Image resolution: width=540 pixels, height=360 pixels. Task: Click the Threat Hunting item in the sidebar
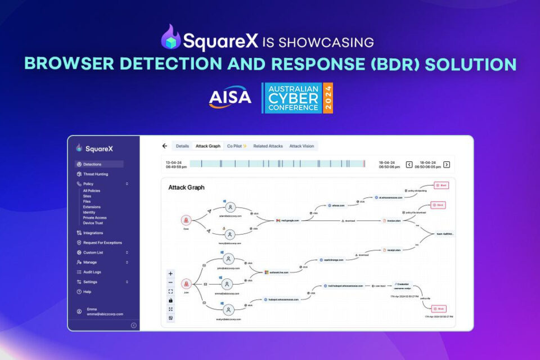pos(96,174)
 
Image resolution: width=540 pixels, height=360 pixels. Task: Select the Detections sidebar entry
pos(92,164)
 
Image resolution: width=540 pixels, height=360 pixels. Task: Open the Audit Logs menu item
pos(92,272)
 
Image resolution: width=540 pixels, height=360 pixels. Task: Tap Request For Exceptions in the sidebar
pos(102,242)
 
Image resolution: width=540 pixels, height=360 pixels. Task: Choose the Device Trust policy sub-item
pos(93,223)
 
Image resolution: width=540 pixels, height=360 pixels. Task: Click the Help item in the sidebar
pos(87,292)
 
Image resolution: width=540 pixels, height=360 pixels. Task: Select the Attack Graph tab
pos(208,146)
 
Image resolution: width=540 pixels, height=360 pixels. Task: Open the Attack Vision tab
pos(301,146)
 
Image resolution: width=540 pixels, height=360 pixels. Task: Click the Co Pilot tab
pos(237,146)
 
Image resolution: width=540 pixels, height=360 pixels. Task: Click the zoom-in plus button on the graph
pos(170,273)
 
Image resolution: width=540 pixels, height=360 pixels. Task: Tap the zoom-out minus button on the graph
pos(170,282)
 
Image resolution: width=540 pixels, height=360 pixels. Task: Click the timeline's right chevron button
pos(447,165)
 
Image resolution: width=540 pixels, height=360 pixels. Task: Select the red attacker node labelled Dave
pos(186,220)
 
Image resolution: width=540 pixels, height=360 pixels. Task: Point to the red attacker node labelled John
pos(186,284)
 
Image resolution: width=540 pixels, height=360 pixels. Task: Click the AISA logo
pos(230,97)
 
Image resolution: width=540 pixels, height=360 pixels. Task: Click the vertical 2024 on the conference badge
pos(328,98)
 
